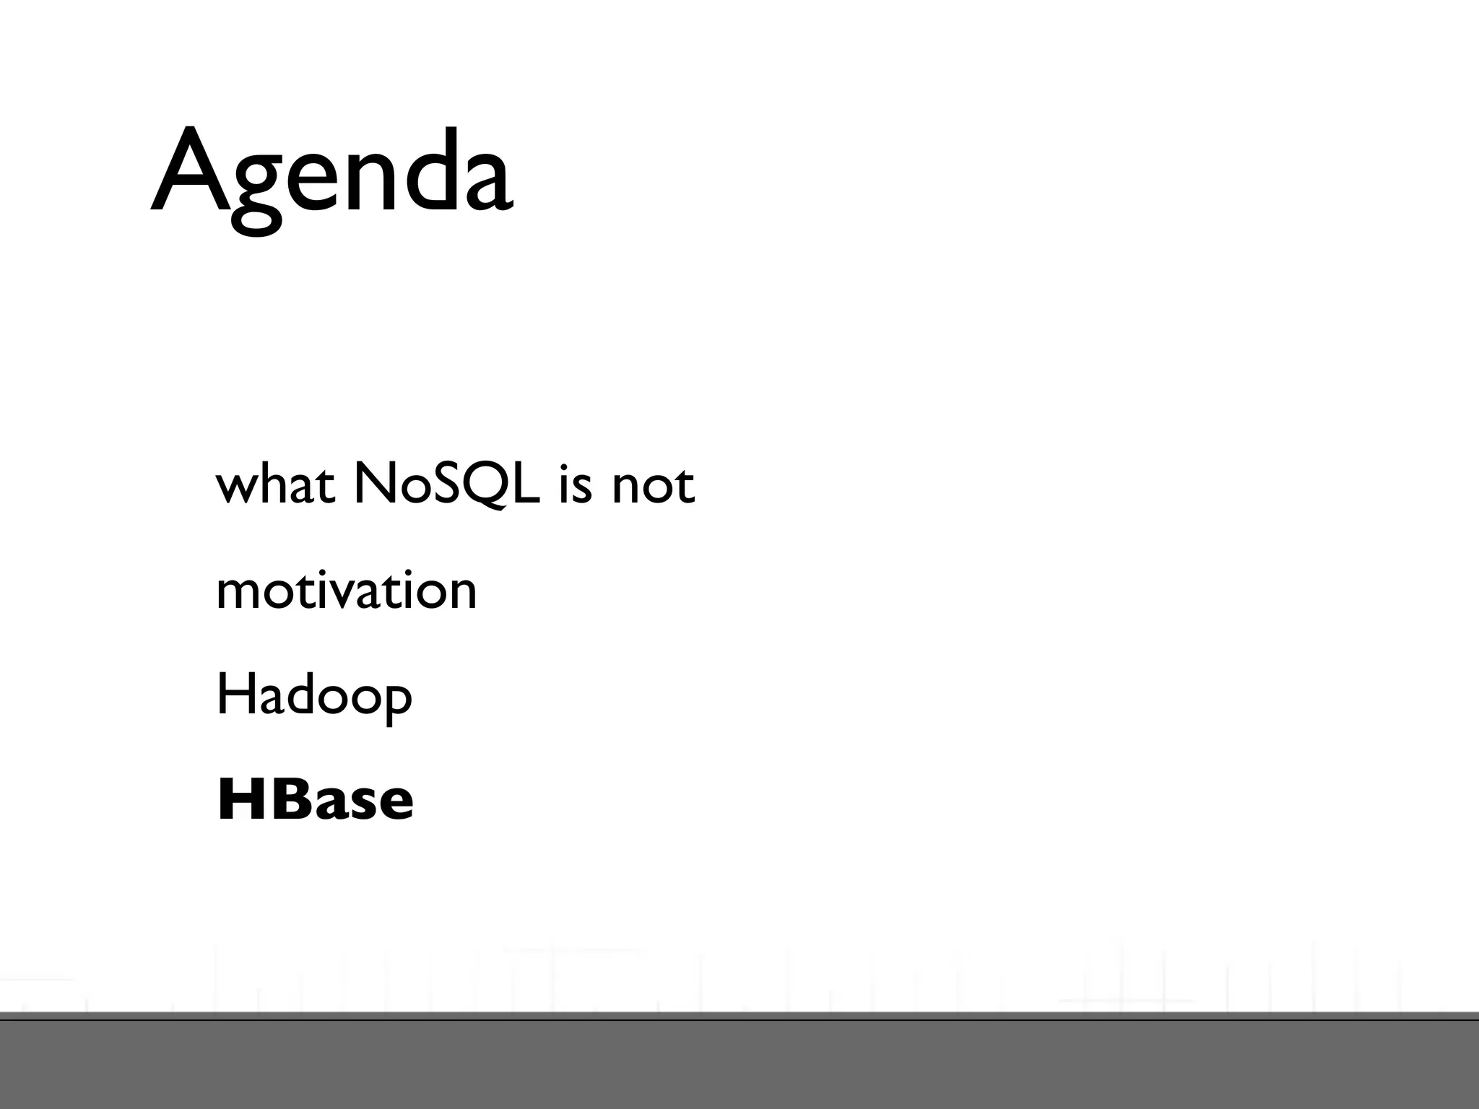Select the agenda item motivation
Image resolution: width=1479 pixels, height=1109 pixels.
(x=347, y=591)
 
